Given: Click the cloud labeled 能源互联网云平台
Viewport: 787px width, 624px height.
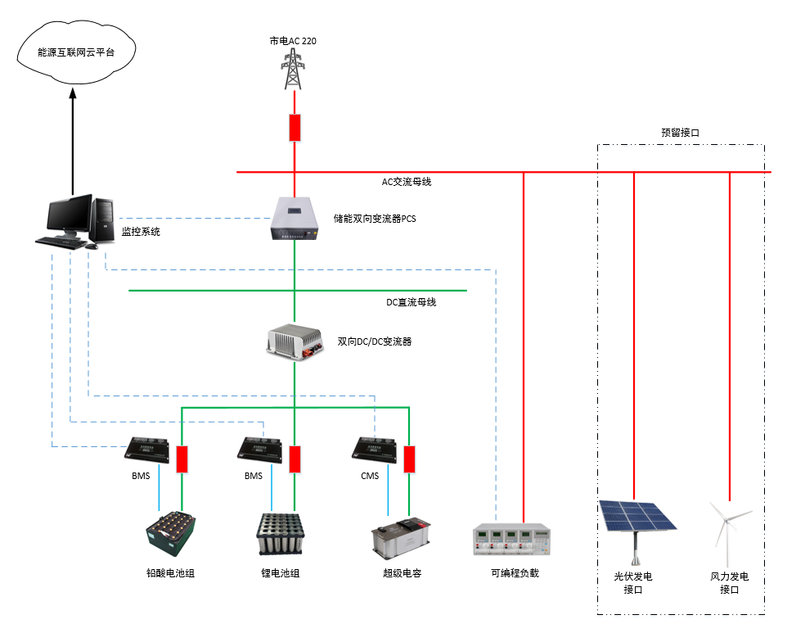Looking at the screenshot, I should [75, 52].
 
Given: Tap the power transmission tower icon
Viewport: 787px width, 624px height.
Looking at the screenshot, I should [294, 69].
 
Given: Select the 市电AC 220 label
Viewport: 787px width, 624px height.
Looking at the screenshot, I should [294, 40].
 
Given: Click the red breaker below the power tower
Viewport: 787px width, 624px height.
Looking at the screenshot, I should [295, 128].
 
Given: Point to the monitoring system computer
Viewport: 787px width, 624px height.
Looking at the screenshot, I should [71, 222].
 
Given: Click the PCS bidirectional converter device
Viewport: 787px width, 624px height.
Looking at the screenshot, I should [294, 219].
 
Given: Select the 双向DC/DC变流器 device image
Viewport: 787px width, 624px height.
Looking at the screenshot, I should [294, 341].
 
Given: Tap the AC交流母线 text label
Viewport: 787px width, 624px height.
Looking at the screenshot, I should [407, 182].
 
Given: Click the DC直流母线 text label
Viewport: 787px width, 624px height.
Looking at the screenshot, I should [411, 302].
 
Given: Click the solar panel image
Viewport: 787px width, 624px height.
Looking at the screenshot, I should [636, 518].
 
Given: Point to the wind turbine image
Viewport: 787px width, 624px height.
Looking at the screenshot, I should [728, 525].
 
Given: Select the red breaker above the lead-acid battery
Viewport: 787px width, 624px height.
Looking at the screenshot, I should [182, 459].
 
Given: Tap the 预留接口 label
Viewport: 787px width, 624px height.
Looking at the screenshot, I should [680, 132].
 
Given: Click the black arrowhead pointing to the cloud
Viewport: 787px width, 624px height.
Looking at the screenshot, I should [72, 95].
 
